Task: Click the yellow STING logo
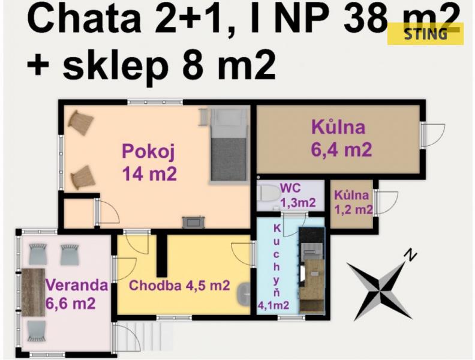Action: (x=425, y=34)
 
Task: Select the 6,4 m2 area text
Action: (x=341, y=149)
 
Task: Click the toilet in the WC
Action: (x=268, y=193)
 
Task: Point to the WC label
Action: (x=290, y=188)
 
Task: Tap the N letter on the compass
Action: (x=410, y=255)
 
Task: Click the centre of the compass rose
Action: (x=380, y=290)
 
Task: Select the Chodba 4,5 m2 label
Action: (x=179, y=285)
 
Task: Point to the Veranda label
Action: (x=76, y=285)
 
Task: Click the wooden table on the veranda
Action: (x=33, y=292)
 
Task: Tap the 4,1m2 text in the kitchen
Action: (x=273, y=305)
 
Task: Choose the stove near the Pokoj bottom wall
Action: (x=193, y=222)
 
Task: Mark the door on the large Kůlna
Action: (x=433, y=135)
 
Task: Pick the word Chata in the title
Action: (x=84, y=19)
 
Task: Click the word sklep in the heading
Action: (x=115, y=65)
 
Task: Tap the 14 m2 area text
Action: (x=149, y=173)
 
